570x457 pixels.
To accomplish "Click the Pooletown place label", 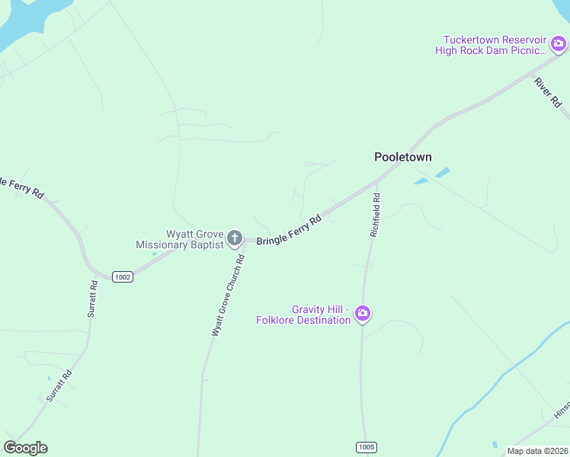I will [402, 157].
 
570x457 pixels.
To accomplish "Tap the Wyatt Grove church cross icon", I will [235, 238].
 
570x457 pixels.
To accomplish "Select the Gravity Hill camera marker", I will [363, 313].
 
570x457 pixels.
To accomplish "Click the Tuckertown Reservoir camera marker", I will [558, 44].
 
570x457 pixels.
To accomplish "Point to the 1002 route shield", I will [122, 276].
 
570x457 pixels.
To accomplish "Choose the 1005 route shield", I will [366, 447].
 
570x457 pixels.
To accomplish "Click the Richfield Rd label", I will [376, 215].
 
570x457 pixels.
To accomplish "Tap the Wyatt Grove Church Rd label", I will [228, 296].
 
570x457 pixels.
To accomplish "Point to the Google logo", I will [25, 448].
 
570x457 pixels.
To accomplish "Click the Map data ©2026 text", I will [536, 451].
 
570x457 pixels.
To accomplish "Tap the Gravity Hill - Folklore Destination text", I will [303, 315].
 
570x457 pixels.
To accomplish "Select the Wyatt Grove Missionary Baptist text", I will [179, 239].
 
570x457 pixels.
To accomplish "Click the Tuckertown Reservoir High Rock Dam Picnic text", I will [492, 45].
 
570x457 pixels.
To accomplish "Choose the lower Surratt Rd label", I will [58, 386].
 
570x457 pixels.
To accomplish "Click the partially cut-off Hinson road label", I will [562, 409].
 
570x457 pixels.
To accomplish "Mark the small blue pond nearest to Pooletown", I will [421, 181].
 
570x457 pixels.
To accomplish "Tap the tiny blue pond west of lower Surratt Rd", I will [49, 378].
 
